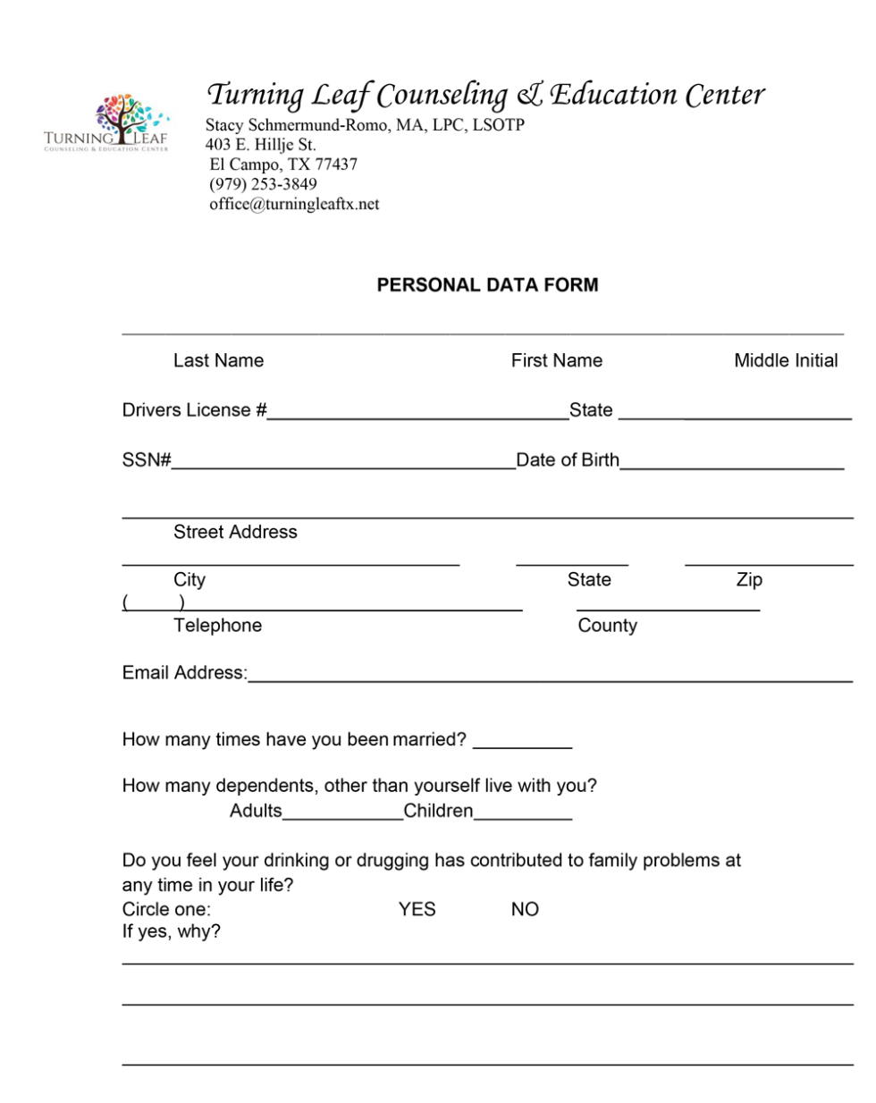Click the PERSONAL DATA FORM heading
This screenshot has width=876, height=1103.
[x=487, y=285]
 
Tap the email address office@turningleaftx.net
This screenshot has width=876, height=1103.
[x=294, y=204]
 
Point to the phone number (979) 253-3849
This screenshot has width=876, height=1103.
[x=263, y=184]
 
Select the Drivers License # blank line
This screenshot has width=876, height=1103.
[x=417, y=411]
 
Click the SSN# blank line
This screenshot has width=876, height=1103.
[x=343, y=461]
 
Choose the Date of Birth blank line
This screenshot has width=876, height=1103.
[x=731, y=461]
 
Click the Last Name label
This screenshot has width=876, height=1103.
[x=218, y=360]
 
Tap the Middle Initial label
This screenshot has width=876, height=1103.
[x=786, y=360]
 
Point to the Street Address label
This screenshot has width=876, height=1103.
[x=235, y=532]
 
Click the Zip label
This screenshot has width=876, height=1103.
[x=749, y=579]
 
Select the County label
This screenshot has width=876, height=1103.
[x=607, y=626]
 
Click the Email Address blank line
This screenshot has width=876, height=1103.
[x=550, y=675]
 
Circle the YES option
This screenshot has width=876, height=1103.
[x=417, y=909]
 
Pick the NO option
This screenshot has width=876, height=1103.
[x=525, y=909]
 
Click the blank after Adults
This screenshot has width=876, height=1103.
[x=342, y=813]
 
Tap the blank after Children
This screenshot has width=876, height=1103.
[x=523, y=813]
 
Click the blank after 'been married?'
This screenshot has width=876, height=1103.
[x=522, y=741]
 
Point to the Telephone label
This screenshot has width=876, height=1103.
[x=217, y=626]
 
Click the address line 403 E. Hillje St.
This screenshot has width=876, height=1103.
[x=260, y=145]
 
